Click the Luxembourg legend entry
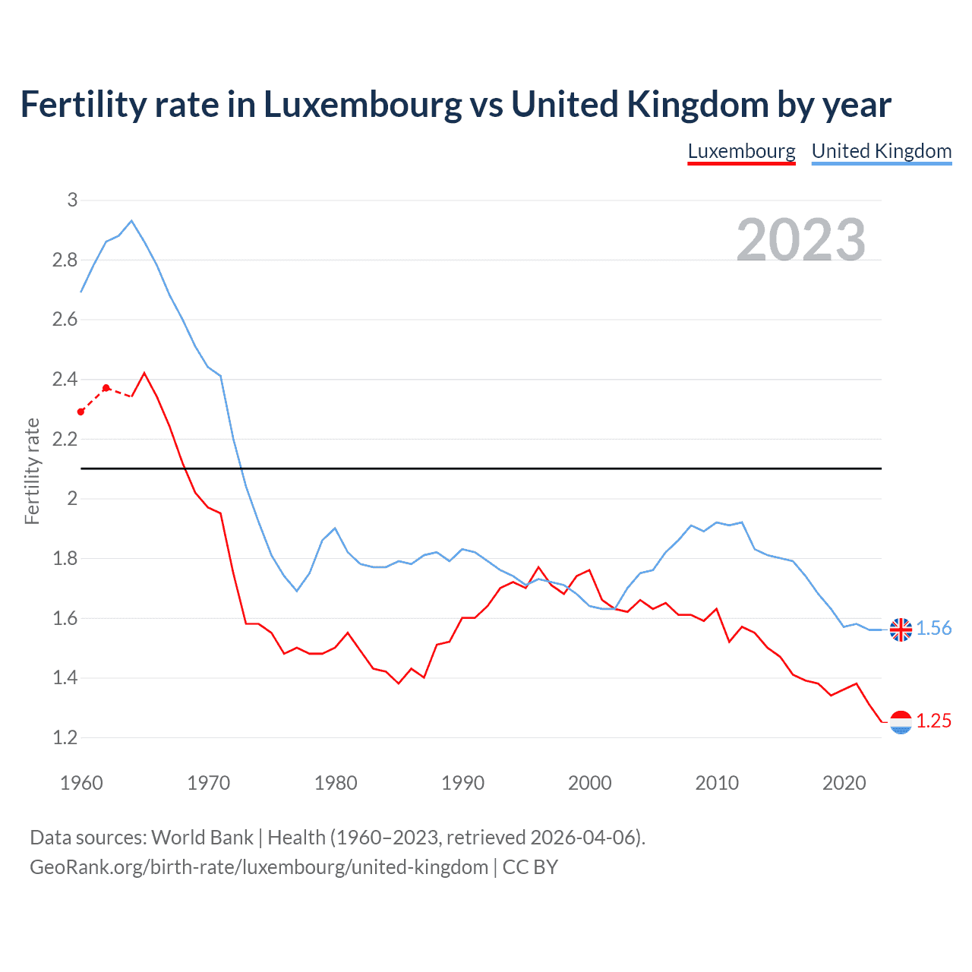(x=741, y=151)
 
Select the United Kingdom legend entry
(x=881, y=151)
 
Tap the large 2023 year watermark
(x=801, y=240)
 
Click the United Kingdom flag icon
(x=901, y=630)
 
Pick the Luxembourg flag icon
(x=901, y=722)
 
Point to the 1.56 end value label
(x=933, y=628)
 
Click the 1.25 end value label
(x=933, y=721)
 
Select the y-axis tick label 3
(x=72, y=200)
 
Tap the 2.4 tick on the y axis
(x=65, y=379)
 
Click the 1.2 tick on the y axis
(x=65, y=737)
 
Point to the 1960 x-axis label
(x=81, y=783)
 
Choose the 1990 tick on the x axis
(x=462, y=783)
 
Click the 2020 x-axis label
(x=844, y=783)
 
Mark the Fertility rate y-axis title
(x=32, y=471)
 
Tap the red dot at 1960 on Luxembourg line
(x=81, y=412)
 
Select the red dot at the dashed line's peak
(x=106, y=388)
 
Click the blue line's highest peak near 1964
(x=131, y=221)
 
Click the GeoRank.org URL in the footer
(x=258, y=867)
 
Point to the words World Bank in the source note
(x=202, y=838)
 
